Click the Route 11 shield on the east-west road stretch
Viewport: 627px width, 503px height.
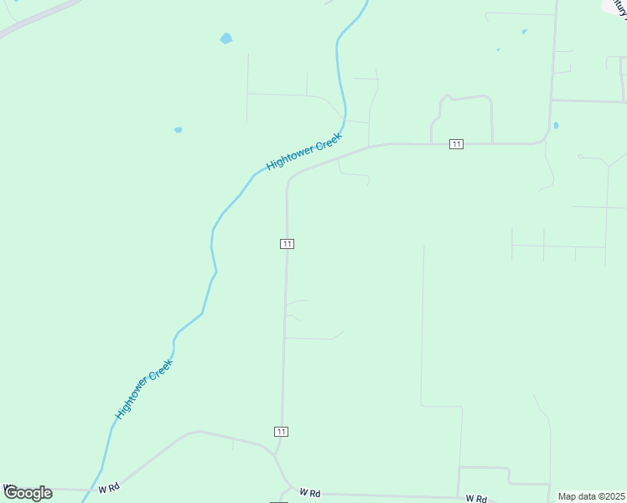pyautogui.click(x=456, y=144)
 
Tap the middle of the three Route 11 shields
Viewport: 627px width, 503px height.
pyautogui.click(x=287, y=243)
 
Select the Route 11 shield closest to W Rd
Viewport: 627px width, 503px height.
pyautogui.click(x=281, y=431)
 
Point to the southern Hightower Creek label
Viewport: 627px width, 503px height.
pyautogui.click(x=143, y=391)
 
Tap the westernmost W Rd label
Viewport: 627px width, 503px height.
pyautogui.click(x=109, y=487)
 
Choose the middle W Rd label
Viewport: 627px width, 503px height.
pyautogui.click(x=310, y=493)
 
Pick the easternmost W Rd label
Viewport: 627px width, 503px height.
pyautogui.click(x=476, y=498)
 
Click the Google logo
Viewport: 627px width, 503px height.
pyautogui.click(x=28, y=492)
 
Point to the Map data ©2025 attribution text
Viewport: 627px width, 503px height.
pyautogui.click(x=591, y=496)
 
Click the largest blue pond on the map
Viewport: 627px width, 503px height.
pyautogui.click(x=225, y=39)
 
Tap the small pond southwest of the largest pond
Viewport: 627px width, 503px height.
pyautogui.click(x=178, y=130)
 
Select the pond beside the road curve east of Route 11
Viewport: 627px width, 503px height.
pyautogui.click(x=556, y=126)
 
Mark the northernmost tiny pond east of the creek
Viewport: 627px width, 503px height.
pyautogui.click(x=524, y=32)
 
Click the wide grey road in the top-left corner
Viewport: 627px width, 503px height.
pyautogui.click(x=38, y=17)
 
